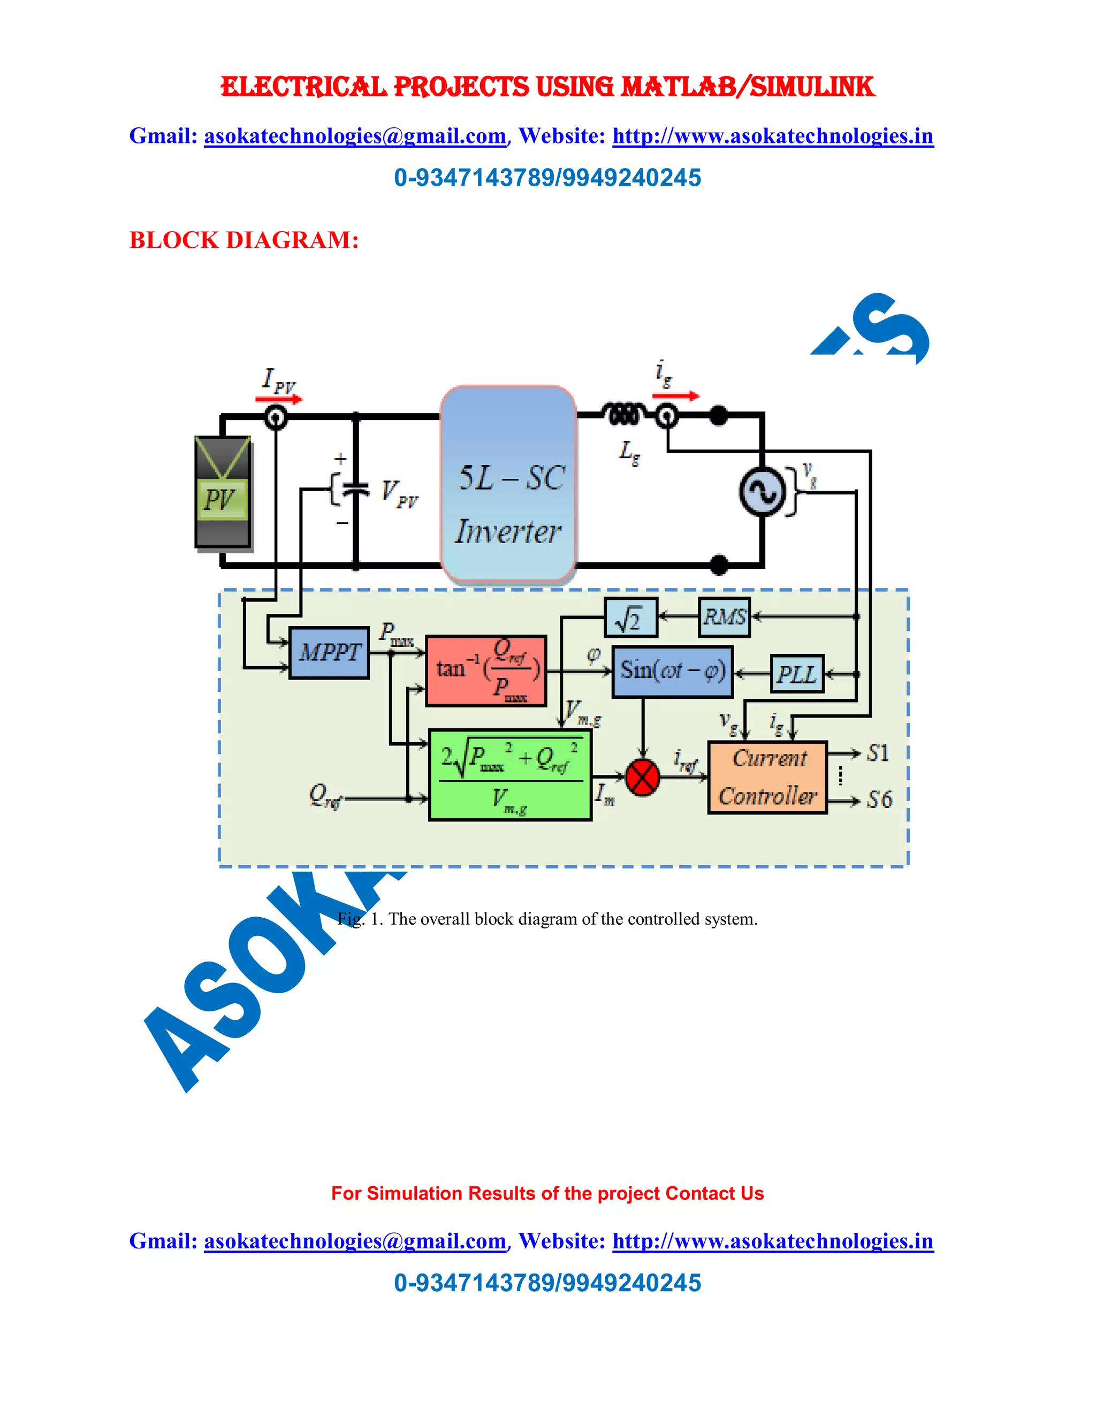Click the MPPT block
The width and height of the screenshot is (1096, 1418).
[329, 652]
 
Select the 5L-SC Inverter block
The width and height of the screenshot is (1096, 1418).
[508, 484]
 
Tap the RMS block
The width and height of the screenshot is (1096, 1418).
[725, 617]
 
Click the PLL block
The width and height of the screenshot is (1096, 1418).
[797, 674]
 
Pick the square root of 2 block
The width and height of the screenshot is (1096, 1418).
[630, 617]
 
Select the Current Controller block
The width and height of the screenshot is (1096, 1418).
[767, 777]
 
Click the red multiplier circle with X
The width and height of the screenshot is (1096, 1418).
[642, 777]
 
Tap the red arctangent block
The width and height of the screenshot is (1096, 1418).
[486, 670]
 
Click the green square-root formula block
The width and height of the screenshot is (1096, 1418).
[511, 775]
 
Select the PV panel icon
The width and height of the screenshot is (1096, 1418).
[223, 493]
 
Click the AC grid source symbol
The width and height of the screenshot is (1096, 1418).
[762, 492]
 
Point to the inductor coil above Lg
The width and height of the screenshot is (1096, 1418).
[623, 414]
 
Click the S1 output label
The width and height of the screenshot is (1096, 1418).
[878, 753]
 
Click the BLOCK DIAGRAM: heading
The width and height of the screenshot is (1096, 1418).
[244, 240]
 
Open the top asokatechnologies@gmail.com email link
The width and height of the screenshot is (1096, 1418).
[354, 136]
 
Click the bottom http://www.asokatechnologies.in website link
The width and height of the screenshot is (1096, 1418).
[773, 1241]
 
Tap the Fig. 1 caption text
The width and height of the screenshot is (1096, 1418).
[547, 919]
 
